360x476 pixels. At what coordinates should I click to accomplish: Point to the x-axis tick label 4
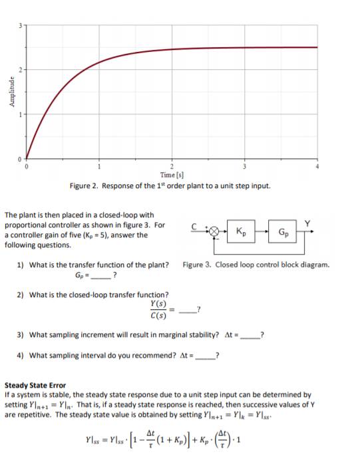click(x=318, y=167)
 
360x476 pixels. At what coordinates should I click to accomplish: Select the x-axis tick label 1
click(x=99, y=167)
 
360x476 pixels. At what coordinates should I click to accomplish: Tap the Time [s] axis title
click(x=171, y=175)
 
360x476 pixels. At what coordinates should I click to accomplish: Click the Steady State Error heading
click(x=36, y=385)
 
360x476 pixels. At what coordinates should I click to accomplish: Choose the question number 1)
click(x=21, y=265)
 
